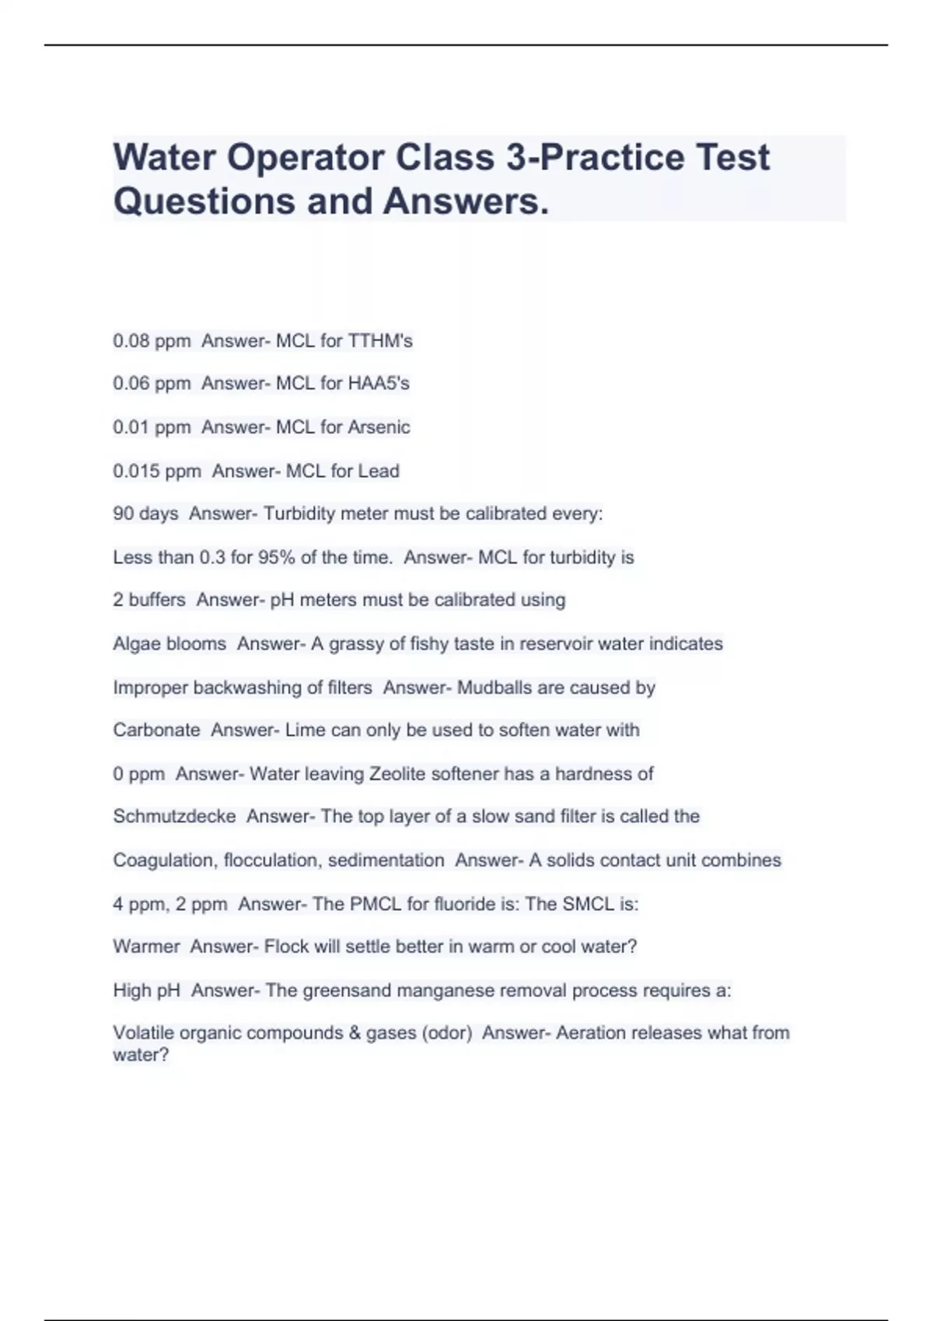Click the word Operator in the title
click(306, 158)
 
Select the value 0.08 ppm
click(152, 341)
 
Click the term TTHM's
click(380, 341)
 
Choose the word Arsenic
click(379, 427)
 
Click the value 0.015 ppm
click(157, 471)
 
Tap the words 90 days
click(145, 514)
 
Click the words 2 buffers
click(149, 600)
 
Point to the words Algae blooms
click(169, 643)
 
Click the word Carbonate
click(156, 730)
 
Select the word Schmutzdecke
click(174, 817)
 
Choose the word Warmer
click(146, 946)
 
